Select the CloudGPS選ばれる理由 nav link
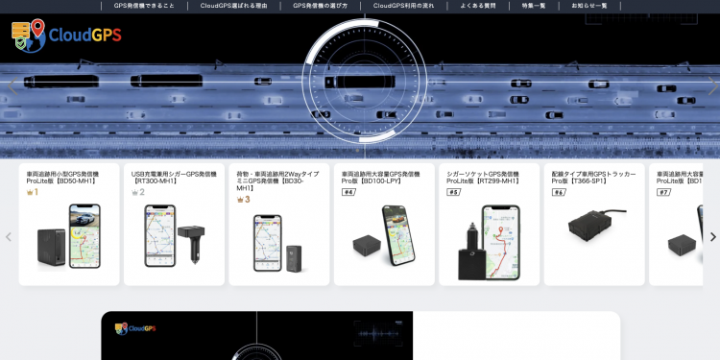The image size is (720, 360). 234,6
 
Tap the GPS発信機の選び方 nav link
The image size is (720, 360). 321,6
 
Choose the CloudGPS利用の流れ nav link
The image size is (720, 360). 409,6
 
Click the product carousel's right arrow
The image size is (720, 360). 712,237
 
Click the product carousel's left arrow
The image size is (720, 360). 9,237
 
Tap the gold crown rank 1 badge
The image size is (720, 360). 33,192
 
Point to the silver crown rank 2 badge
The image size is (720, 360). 138,192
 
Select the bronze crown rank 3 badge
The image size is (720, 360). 243,200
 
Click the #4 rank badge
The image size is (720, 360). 348,192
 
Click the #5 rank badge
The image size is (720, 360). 453,192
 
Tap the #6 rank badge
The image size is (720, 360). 559,192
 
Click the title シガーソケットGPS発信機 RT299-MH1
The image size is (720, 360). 483,178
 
